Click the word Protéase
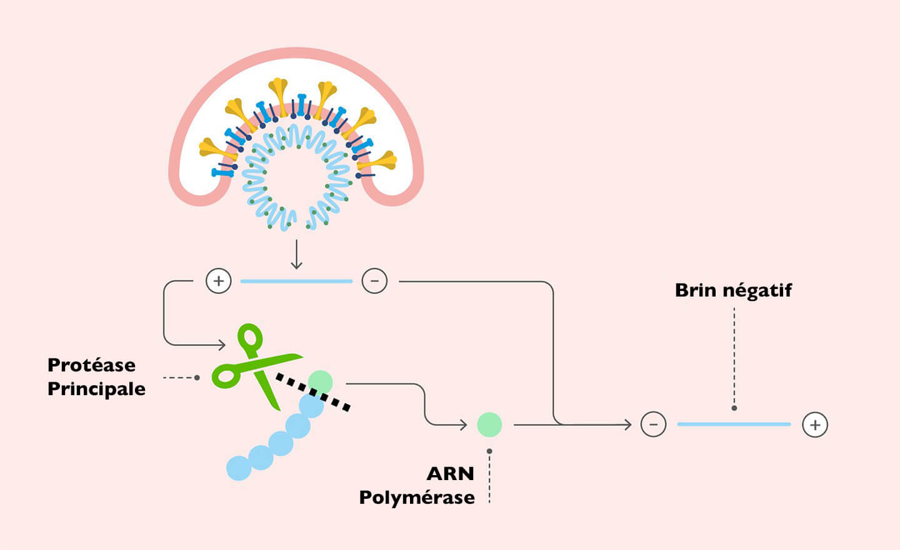91,365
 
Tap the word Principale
96,389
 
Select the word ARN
450,474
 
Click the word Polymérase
416,498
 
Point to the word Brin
695,290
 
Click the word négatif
757,291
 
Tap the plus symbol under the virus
219,281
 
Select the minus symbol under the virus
374,281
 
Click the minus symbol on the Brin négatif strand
653,425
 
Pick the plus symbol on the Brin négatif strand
815,425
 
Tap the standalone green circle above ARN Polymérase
489,425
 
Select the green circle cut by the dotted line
321,381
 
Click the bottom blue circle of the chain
239,468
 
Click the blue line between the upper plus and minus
296,282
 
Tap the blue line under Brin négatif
734,425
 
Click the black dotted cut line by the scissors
312,392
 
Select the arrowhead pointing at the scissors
221,345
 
